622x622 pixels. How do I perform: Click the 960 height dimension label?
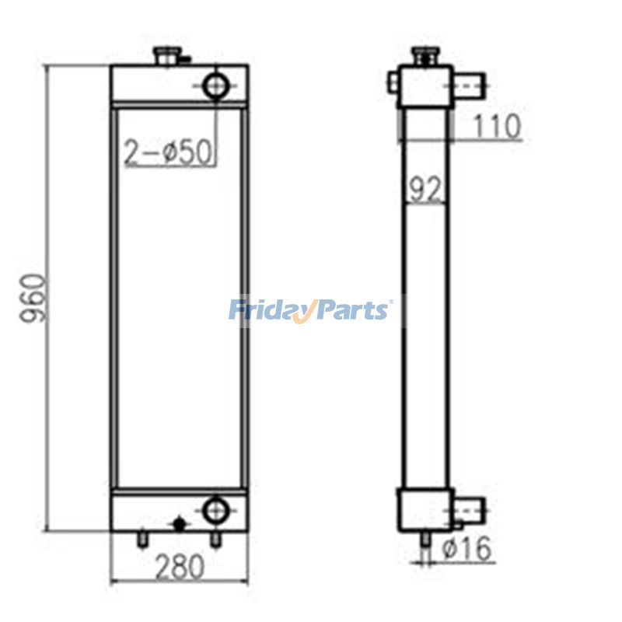coord(33,299)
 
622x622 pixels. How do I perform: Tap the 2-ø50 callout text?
coord(169,152)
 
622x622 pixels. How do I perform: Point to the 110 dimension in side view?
coord(495,126)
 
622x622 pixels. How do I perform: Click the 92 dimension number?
coord(425,189)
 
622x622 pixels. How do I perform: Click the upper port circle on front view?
coord(216,86)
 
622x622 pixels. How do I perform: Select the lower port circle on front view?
coord(215,510)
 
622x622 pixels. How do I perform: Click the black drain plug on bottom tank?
coord(180,525)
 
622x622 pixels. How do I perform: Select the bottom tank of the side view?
coord(425,509)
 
